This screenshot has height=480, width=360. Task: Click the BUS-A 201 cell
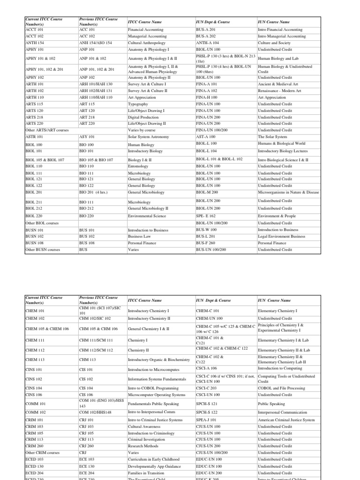[x=206, y=30]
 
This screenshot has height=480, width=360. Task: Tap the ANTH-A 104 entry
[x=207, y=43]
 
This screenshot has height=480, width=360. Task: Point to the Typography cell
[x=138, y=104]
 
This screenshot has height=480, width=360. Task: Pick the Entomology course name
[x=138, y=166]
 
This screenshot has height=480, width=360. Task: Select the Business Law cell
[x=140, y=237]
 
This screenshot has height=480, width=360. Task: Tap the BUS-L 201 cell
[x=206, y=237]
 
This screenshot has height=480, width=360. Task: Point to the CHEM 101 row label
[x=35, y=311]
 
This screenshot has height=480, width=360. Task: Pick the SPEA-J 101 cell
[x=206, y=420]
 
